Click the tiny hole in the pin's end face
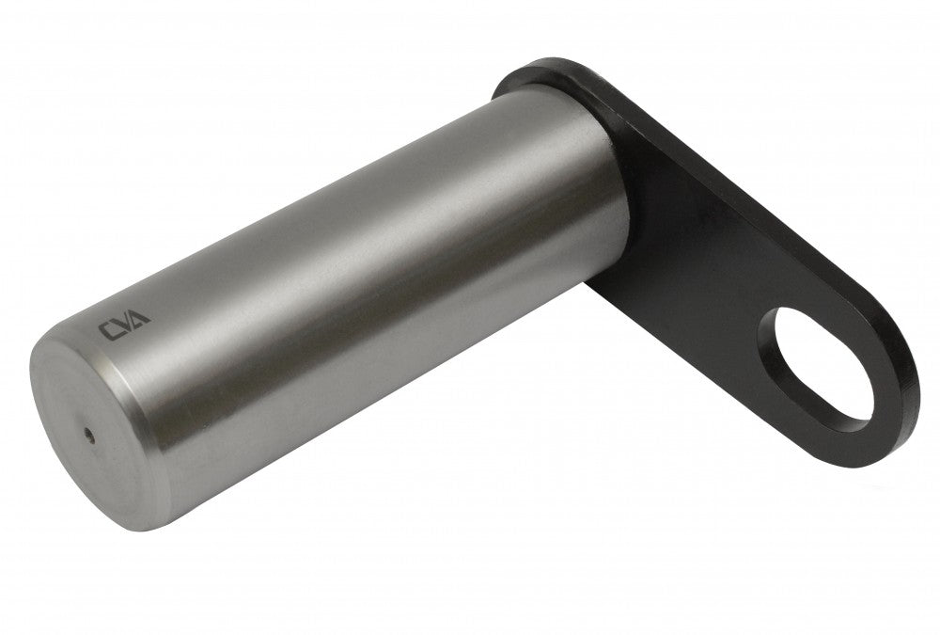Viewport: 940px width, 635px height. coord(89,432)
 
